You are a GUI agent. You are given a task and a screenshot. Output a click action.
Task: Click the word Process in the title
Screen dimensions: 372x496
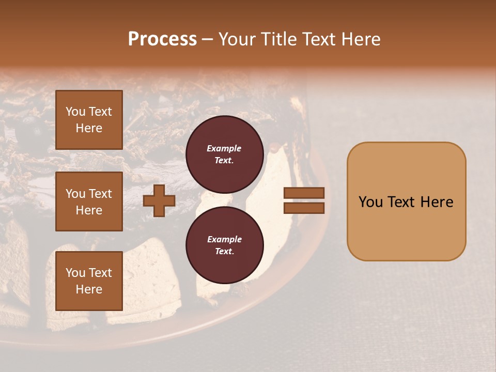(162, 39)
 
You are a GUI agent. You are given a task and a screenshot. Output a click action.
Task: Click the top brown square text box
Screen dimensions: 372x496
(89, 120)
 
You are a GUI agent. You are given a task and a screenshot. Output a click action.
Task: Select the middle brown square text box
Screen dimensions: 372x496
(89, 202)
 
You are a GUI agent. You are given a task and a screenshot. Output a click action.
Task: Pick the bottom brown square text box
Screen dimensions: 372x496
(89, 281)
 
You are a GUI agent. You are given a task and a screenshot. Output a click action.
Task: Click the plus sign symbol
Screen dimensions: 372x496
(159, 201)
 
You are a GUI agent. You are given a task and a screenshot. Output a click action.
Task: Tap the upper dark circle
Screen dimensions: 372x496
(224, 154)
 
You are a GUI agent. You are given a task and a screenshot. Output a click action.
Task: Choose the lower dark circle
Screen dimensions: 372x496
(224, 245)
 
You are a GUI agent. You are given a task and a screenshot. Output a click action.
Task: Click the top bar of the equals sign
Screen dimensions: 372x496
(304, 193)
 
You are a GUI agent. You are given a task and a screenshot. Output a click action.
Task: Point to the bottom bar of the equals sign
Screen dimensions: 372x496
(304, 208)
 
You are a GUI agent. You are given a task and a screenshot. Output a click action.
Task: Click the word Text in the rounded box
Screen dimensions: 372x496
(406, 202)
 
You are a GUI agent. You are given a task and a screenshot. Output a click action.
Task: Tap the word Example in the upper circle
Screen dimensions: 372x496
(224, 149)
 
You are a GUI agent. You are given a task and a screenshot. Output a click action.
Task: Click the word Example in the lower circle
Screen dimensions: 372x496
(224, 240)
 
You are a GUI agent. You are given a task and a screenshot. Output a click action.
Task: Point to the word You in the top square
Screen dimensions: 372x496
(75, 112)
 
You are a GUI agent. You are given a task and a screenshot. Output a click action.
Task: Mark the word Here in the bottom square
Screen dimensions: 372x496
(89, 289)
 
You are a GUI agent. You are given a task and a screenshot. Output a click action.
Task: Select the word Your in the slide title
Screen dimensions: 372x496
(238, 39)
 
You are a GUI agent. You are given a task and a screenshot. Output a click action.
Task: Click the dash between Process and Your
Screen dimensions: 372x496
(208, 40)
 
